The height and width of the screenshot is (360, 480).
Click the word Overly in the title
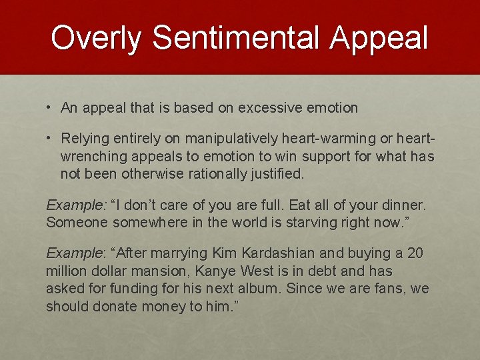pyautogui.click(x=96, y=38)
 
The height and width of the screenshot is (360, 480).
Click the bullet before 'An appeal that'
pyautogui.click(x=50, y=107)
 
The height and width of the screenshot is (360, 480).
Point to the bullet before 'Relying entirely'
pyautogui.click(x=50, y=139)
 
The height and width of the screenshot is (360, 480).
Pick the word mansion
pyautogui.click(x=153, y=271)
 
